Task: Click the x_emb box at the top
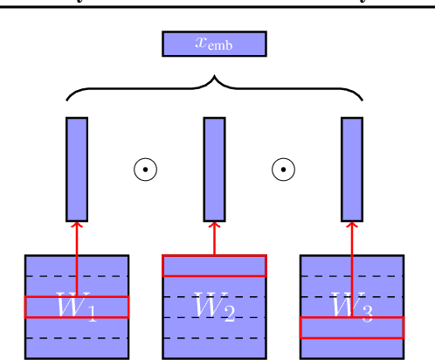(214, 44)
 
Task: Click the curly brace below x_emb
(214, 87)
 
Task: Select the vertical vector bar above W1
(77, 169)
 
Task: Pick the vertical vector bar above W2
(214, 169)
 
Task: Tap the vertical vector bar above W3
(352, 169)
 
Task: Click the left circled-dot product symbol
(145, 170)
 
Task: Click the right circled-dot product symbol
(283, 170)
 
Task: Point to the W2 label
(214, 308)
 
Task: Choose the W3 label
(352, 307)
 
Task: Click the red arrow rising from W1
(77, 262)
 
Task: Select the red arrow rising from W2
(214, 240)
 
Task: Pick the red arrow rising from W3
(352, 271)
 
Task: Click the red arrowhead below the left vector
(77, 226)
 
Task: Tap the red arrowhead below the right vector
(352, 226)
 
